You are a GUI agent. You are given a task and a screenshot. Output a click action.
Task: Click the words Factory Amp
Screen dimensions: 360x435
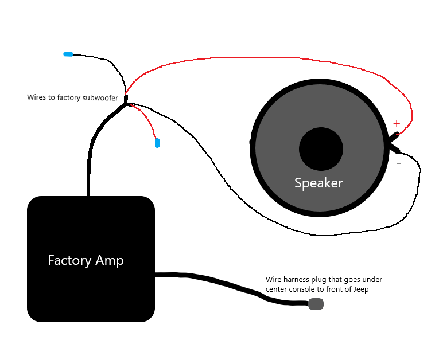point(86,261)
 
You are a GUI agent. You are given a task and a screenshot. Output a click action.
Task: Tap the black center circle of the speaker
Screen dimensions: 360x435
point(321,149)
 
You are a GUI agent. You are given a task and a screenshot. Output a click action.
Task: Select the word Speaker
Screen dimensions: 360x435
point(319,183)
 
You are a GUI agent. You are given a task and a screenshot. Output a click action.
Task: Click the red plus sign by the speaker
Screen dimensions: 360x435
point(396,124)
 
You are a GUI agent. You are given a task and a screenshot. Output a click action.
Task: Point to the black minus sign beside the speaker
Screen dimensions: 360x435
point(399,163)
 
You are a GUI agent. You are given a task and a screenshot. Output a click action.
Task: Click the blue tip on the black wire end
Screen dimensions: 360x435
point(68,54)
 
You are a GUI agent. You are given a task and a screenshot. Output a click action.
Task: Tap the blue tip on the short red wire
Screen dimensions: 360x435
point(157,143)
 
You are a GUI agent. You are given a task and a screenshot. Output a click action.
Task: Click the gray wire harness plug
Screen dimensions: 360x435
point(316,304)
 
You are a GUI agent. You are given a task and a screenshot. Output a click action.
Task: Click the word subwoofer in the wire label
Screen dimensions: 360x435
point(100,97)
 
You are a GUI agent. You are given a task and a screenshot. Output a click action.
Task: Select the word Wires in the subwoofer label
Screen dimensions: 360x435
point(36,97)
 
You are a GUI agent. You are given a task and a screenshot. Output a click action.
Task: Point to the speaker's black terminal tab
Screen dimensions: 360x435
point(394,143)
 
